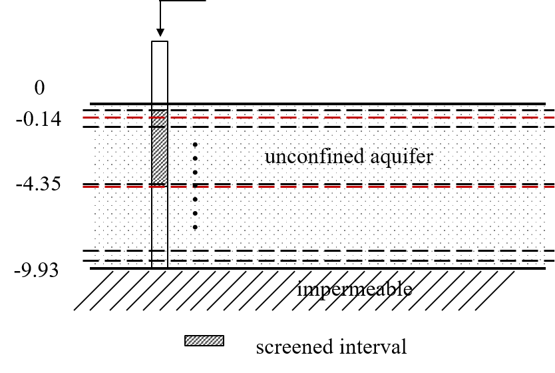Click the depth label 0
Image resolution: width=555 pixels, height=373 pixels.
click(x=41, y=88)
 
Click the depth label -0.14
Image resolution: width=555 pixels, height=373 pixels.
click(x=39, y=120)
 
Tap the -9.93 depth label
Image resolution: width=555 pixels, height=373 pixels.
click(x=39, y=270)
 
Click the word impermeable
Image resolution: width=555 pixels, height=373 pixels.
click(x=354, y=289)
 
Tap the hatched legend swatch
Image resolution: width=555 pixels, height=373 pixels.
click(x=204, y=341)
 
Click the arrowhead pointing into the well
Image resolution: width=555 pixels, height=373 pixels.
click(x=160, y=33)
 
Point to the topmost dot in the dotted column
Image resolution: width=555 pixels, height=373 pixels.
click(x=195, y=144)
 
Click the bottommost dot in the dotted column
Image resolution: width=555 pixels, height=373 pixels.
click(x=195, y=227)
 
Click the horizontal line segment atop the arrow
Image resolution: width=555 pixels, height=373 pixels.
click(x=183, y=1)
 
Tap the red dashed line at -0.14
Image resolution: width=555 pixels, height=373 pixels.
click(x=359, y=118)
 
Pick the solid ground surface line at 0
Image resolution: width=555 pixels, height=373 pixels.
click(x=359, y=104)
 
